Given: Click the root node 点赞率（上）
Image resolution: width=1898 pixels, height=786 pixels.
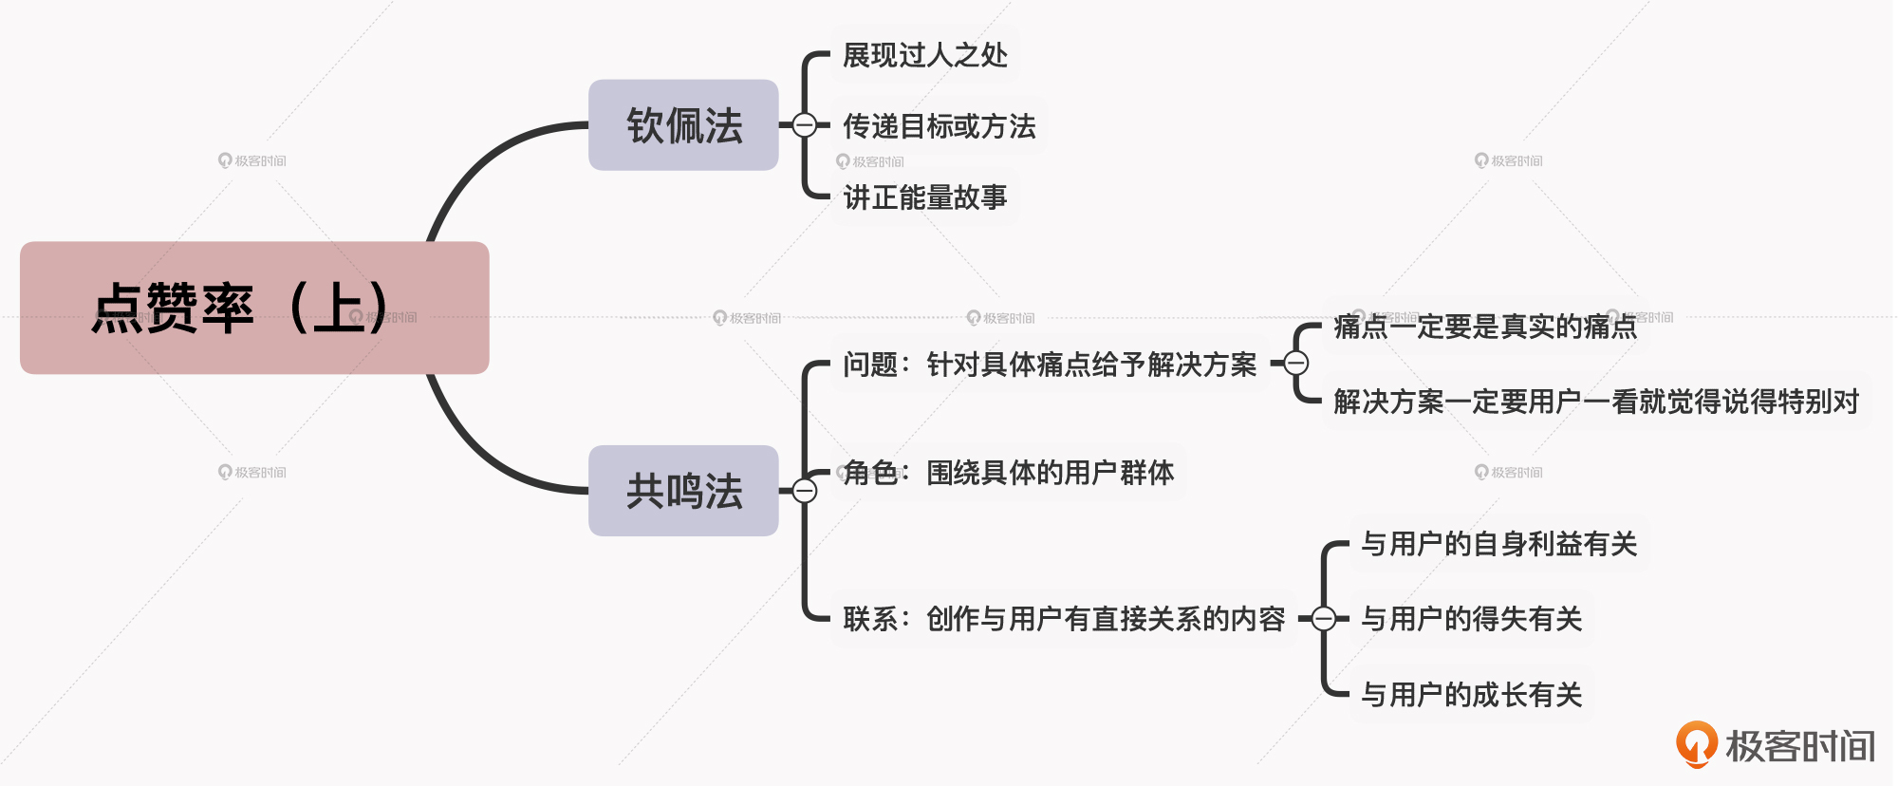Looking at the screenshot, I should (x=254, y=308).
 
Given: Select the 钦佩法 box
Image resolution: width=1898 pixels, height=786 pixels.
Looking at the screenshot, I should (x=683, y=125).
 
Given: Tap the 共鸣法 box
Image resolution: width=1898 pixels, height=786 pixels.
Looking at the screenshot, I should (x=683, y=491).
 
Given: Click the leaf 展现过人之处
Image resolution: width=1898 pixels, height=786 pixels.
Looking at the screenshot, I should (x=925, y=55).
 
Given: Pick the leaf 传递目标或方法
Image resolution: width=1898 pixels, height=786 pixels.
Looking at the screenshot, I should (x=939, y=126).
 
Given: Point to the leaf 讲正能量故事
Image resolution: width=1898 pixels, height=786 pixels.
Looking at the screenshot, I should (x=925, y=197).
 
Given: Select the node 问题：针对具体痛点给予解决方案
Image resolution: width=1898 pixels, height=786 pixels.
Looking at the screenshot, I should (x=1050, y=365).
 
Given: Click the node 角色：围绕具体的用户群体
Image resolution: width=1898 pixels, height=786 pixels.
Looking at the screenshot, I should (x=1008, y=473).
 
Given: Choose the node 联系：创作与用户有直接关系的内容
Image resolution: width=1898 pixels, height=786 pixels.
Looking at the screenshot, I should (x=1064, y=619).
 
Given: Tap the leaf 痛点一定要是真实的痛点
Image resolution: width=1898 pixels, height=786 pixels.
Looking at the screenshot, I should (x=1485, y=327).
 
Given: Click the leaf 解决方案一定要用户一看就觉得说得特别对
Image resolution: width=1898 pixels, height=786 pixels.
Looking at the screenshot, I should (x=1596, y=402).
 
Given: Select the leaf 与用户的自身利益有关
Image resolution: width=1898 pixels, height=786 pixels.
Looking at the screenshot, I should (x=1499, y=544).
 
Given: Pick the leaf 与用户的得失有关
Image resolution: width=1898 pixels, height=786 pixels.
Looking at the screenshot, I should (x=1472, y=619).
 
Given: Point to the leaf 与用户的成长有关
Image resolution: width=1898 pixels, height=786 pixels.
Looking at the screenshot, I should (x=1472, y=695).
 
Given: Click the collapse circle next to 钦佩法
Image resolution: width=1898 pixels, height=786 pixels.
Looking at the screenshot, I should (x=804, y=125).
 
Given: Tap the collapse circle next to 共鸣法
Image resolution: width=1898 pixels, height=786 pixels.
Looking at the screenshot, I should (x=804, y=491).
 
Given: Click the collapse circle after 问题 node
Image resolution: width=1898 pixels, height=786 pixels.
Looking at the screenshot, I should (x=1296, y=363).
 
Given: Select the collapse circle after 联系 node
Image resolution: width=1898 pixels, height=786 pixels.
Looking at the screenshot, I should (x=1324, y=619).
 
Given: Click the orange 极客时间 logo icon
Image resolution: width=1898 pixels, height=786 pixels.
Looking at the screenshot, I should (x=1696, y=744).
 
